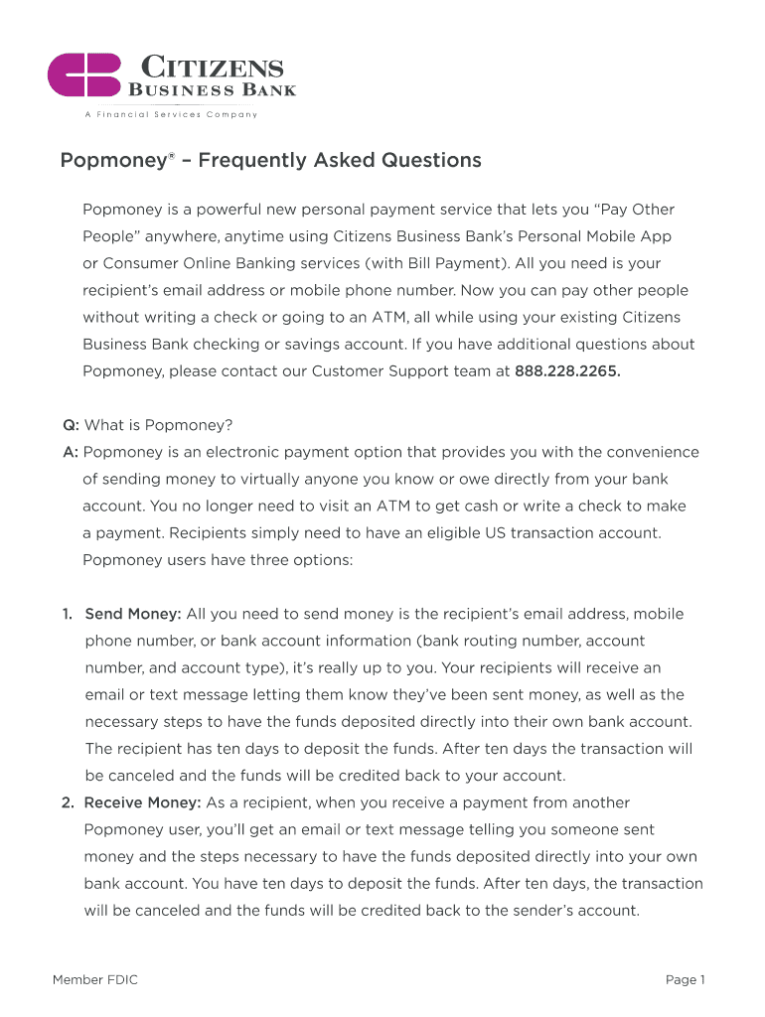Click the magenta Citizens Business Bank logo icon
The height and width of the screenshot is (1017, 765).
click(x=84, y=75)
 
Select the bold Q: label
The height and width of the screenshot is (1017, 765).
click(x=71, y=425)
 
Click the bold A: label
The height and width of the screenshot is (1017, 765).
click(x=71, y=452)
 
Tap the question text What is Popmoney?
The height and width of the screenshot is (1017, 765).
click(x=159, y=425)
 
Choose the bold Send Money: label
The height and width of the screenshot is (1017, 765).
click(x=132, y=614)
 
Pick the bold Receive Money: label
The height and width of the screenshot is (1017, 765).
click(x=143, y=802)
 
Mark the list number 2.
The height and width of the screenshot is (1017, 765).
click(x=68, y=802)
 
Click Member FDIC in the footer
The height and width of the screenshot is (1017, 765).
click(x=95, y=980)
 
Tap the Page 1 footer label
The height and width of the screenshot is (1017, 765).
click(x=685, y=980)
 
